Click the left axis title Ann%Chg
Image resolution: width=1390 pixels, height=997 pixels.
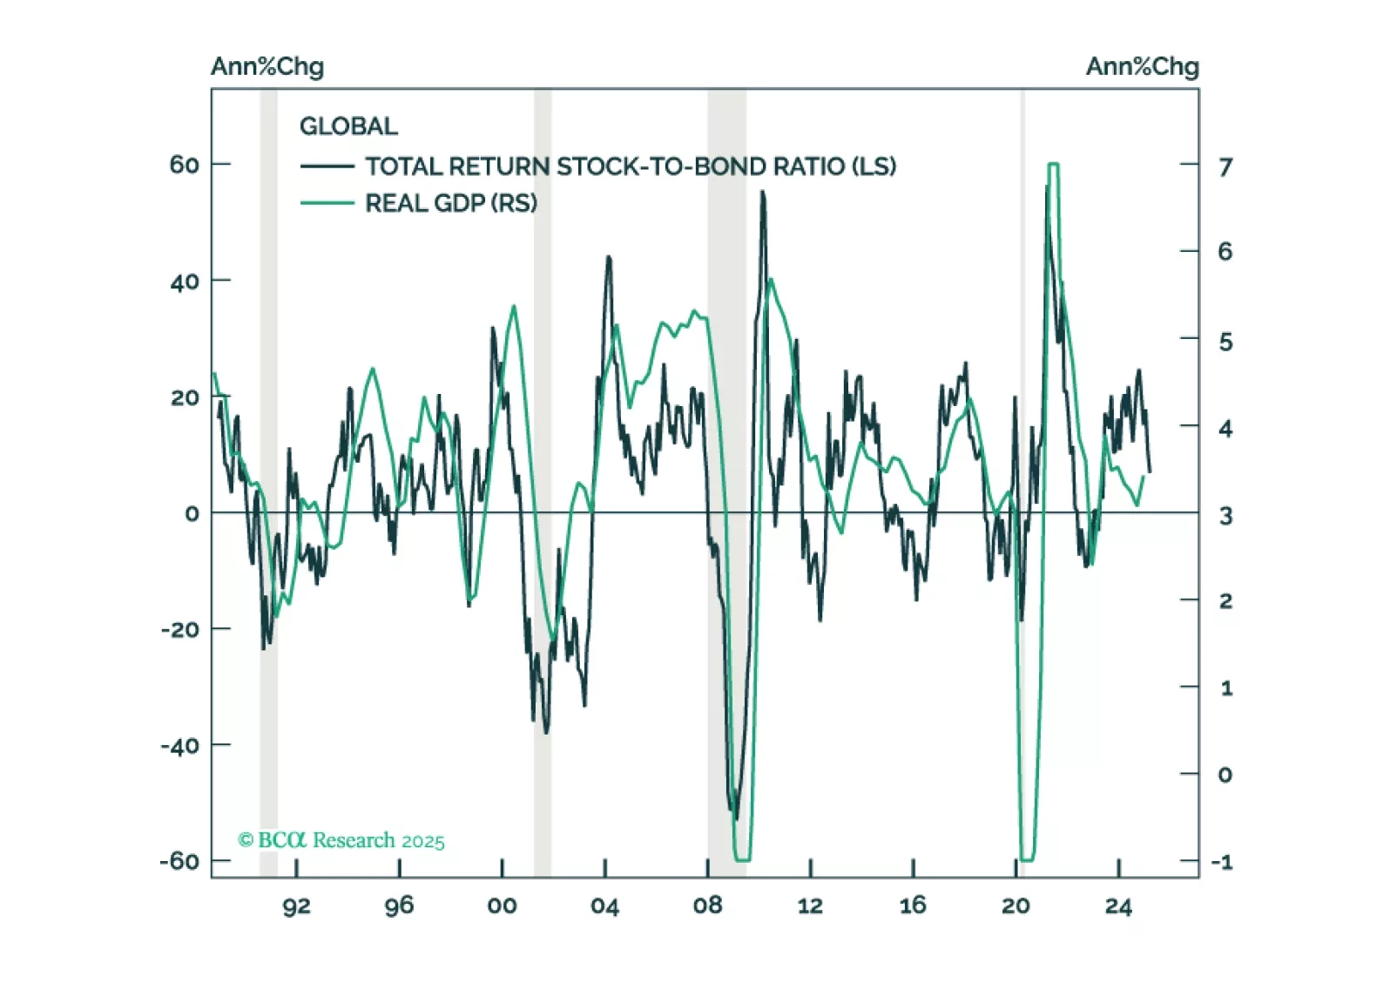pos(267,66)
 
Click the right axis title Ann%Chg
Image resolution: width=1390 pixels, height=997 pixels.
pos(1142,66)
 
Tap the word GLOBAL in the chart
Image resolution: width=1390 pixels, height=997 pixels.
pos(348,126)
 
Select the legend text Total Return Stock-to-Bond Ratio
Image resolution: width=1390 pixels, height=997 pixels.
pos(630,166)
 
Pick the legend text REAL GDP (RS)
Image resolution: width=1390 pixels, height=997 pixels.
pos(450,203)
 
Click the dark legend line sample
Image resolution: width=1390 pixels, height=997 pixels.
pos(327,166)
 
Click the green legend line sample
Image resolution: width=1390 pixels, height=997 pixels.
pos(327,203)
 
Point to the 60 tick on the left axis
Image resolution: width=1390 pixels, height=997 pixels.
pos(185,164)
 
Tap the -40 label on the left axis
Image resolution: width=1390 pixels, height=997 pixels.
pos(179,745)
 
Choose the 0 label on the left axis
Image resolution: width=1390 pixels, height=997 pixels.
pos(192,513)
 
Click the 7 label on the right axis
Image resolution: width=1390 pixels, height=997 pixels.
pos(1225,166)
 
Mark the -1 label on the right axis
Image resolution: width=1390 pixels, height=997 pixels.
pos(1222,862)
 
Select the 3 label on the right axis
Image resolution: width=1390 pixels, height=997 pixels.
pos(1225,515)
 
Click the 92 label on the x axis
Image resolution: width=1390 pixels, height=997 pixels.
pos(296,906)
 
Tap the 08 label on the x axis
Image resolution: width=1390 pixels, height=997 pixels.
pos(707,906)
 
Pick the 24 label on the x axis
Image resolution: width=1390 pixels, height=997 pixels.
pos(1118,906)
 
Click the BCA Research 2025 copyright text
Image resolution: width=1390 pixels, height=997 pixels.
pos(341,840)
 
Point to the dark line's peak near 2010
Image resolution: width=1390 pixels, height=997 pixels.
pos(763,193)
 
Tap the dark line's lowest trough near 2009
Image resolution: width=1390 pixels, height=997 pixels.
pos(736,817)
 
